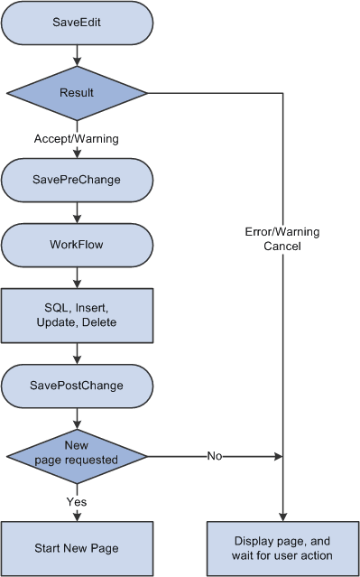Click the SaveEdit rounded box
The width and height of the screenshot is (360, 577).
coord(77,23)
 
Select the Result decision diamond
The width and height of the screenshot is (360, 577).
coord(77,93)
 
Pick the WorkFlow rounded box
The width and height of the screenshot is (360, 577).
coord(77,245)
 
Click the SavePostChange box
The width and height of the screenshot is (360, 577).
coord(77,386)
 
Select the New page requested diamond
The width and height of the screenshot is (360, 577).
coord(77,455)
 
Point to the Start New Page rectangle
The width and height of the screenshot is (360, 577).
coord(77,547)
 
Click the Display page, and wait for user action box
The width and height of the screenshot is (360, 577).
coord(283,547)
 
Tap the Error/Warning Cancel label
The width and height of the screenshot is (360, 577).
coord(282,238)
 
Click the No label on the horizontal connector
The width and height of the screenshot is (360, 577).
coord(215,456)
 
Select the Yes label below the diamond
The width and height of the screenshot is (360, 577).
coord(77,500)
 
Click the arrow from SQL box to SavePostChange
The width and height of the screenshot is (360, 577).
coord(77,352)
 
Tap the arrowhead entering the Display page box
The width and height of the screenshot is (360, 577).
coord(283,516)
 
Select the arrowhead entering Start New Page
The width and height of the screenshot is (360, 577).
coord(77,516)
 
